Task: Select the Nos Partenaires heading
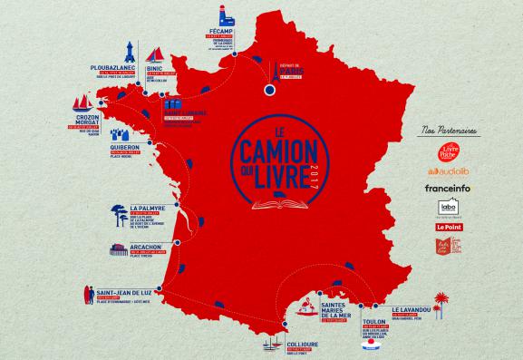pos(443,131)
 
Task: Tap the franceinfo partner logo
pos(444,188)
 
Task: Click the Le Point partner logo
pos(444,226)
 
